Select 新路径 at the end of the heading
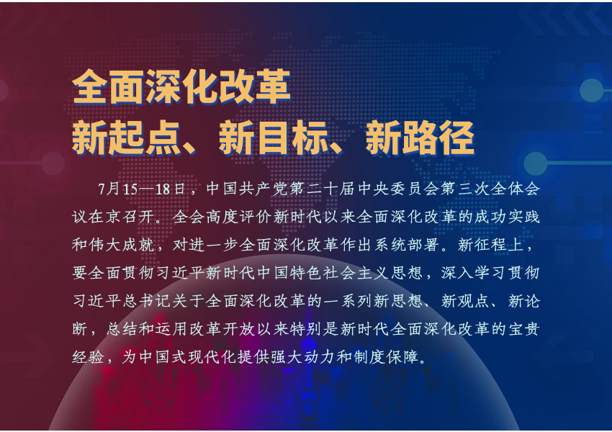pyautogui.click(x=420, y=138)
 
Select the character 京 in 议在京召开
pyautogui.click(x=113, y=217)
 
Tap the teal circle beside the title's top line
pyautogui.click(x=592, y=90)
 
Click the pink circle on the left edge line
pyautogui.click(x=53, y=163)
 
